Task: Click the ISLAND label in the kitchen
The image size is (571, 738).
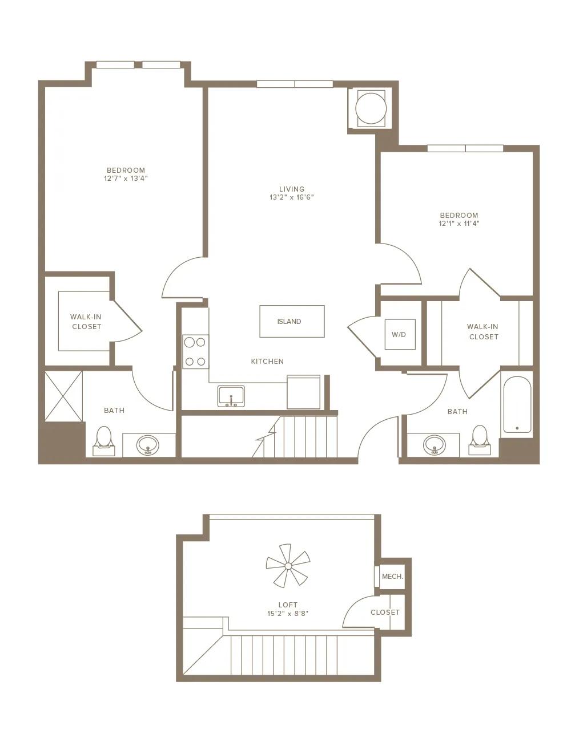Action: tap(289, 321)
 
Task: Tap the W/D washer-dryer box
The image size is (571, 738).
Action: tap(400, 335)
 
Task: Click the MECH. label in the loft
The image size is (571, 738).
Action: tap(392, 577)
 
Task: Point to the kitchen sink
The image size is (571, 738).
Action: tap(231, 396)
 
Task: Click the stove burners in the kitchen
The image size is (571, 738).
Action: tap(195, 351)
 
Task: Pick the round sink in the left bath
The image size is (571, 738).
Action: tap(147, 444)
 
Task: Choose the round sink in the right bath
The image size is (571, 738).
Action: tap(435, 444)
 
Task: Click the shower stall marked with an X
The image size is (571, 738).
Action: tap(63, 396)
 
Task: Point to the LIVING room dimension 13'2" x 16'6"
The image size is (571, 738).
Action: tap(291, 197)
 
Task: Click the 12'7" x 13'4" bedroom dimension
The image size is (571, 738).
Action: tap(126, 179)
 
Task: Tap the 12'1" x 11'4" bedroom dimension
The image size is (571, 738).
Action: tap(459, 224)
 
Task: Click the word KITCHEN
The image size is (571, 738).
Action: tap(267, 362)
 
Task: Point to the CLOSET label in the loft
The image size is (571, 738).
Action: tap(385, 613)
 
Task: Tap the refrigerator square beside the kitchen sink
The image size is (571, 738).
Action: tap(304, 392)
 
